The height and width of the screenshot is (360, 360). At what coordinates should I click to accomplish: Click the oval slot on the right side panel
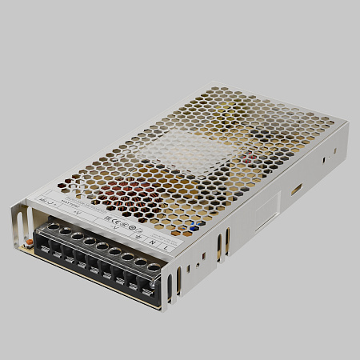pyautogui.click(x=297, y=190)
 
